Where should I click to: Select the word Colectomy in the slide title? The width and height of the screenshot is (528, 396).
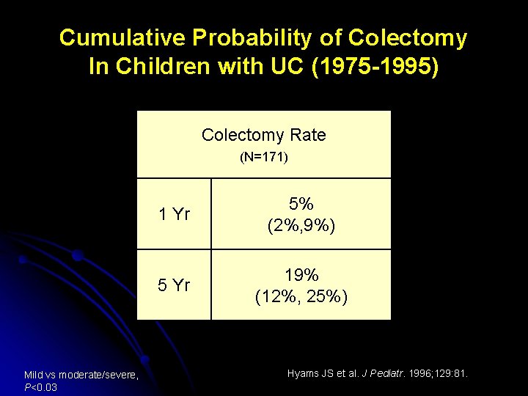tap(408, 38)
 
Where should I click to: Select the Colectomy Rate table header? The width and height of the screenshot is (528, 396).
tap(263, 135)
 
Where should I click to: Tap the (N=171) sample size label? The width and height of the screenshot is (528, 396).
tap(263, 157)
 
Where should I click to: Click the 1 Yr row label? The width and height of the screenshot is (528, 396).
tap(175, 215)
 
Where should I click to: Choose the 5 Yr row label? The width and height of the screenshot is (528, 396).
tap(175, 285)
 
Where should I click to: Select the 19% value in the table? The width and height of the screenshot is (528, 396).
tap(301, 276)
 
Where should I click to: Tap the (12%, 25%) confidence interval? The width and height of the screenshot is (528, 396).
tap(301, 297)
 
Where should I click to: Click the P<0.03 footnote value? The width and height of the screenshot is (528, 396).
tap(41, 387)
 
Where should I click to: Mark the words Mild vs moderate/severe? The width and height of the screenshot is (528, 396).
tap(81, 375)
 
